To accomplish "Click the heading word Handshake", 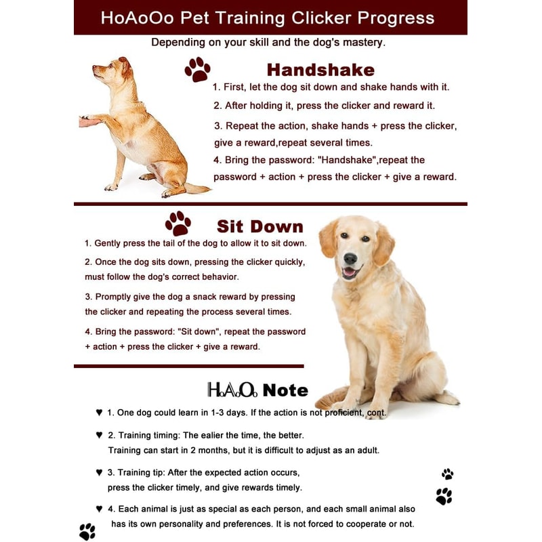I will (320, 70).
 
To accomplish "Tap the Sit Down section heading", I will (259, 226).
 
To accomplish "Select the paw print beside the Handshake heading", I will (197, 69).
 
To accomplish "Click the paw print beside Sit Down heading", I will (178, 224).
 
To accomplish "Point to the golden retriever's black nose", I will (350, 259).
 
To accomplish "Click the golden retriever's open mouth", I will (350, 273).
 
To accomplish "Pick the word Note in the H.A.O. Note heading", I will (285, 390).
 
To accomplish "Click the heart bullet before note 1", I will (99, 412).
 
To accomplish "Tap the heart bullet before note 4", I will (99, 509).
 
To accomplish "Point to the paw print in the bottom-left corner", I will (87, 531).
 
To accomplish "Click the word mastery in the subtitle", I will (360, 43).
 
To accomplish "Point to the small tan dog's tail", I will (196, 188).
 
